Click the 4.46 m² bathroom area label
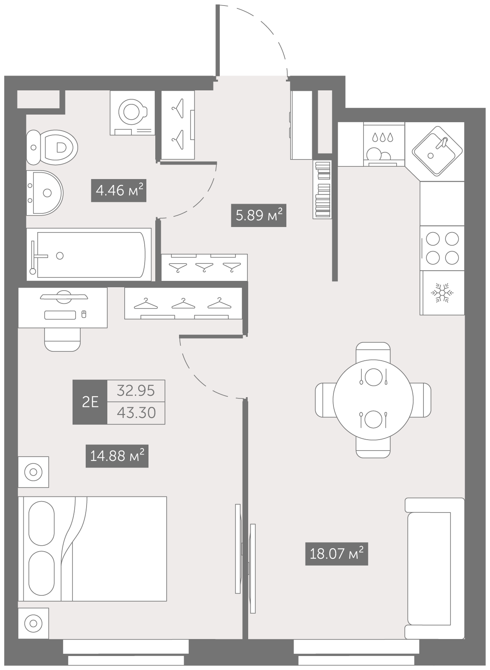pos(119,190)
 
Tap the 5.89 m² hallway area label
pos(259,215)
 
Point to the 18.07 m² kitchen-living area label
pos(336,554)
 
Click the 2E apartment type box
pos(90,402)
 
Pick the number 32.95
pos(136,391)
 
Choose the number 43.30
pos(136,413)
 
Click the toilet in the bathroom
pos(52,147)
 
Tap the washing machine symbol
pos(132,113)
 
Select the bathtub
pos(89,255)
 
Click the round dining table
pos(373,400)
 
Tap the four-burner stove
pos(442,248)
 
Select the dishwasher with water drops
pos(384,144)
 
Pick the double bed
pos(92,549)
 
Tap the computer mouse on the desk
pos(84,314)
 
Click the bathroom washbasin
pos(45,193)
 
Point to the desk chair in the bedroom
pos(62,339)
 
